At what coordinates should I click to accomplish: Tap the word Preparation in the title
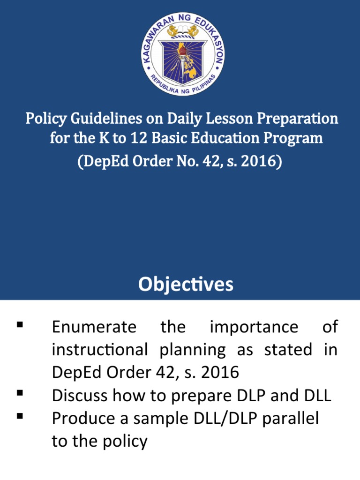pos(297,119)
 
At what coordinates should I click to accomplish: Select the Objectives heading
pos(186,285)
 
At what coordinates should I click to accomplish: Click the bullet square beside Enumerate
pos(20,324)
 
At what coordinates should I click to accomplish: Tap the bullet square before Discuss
pos(20,393)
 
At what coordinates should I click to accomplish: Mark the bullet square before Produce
pos(20,415)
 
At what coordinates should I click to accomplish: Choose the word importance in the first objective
pos(254,327)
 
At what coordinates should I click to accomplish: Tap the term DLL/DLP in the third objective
pos(219,419)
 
